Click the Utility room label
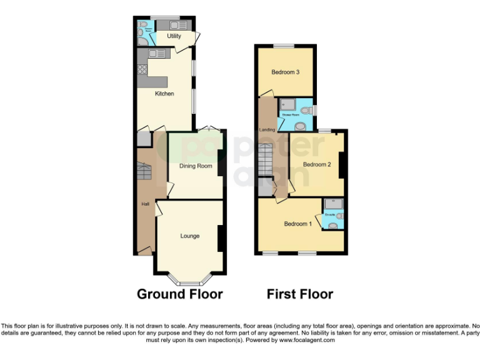pos(174,36)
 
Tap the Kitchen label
pos(164,94)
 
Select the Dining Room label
pos(196,166)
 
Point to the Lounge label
pos(190,236)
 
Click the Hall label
pos(144,204)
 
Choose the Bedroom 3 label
pos(285,72)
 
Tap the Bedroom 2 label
pos(316,164)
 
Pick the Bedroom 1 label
pos(297,224)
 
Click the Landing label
pos(267,130)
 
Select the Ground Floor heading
pos(179,294)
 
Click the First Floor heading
pos(300,294)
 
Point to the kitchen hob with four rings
pos(142,69)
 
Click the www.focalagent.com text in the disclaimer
pos(307,341)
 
